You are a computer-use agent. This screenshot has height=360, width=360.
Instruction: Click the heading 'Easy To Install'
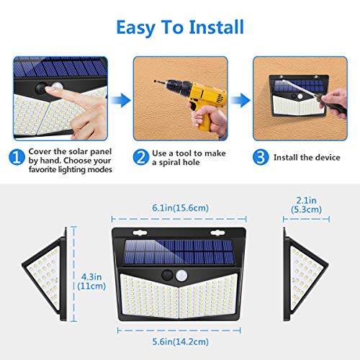pyautogui.click(x=179, y=27)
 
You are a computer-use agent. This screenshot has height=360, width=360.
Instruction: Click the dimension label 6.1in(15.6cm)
pyautogui.click(x=179, y=207)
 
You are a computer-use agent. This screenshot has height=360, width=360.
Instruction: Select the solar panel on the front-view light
pyautogui.click(x=179, y=252)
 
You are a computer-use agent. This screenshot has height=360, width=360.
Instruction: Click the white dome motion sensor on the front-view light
pyautogui.click(x=189, y=275)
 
